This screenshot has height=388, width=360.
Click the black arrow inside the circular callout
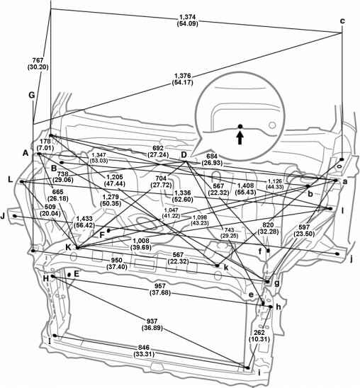point(240,137)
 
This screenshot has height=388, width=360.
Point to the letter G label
point(31,95)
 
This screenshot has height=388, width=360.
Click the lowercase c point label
point(342,21)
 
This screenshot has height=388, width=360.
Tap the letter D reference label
point(183,155)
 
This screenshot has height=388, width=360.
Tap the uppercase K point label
point(69,247)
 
